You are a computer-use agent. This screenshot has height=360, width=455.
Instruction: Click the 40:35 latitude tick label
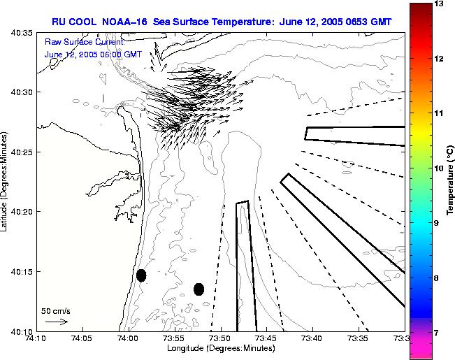[20, 33]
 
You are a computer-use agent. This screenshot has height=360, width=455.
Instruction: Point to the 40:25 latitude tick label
[20, 152]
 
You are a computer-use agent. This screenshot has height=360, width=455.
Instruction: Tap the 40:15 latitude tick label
[20, 271]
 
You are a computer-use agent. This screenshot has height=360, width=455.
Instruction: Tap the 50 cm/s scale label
[56, 310]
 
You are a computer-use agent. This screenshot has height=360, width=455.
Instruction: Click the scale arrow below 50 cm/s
[56, 322]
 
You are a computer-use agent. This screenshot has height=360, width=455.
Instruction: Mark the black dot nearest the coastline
[141, 275]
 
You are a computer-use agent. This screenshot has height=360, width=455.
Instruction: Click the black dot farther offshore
[199, 289]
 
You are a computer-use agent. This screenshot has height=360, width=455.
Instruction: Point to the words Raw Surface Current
[82, 43]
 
